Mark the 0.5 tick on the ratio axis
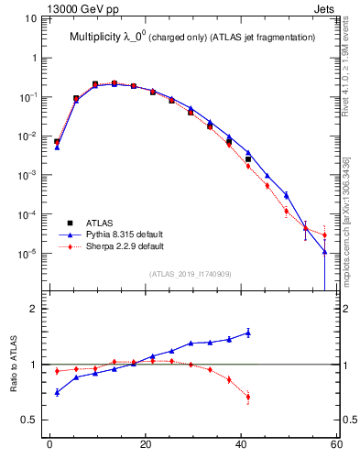pos(29,420)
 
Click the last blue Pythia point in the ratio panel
pos(247,333)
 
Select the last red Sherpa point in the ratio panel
pos(247,397)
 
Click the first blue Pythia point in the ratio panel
pos(57,392)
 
